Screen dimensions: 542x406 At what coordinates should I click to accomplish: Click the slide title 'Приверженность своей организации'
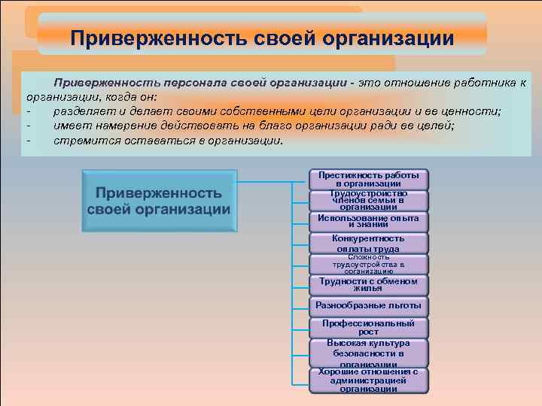pyautogui.click(x=262, y=37)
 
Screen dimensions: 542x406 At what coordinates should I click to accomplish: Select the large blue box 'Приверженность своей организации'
pyautogui.click(x=158, y=201)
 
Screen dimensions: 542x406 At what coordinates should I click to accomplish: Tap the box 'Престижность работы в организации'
pyautogui.click(x=368, y=179)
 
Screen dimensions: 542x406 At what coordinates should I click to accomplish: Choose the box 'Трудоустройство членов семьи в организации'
pyautogui.click(x=368, y=200)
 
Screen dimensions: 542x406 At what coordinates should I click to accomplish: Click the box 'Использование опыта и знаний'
pyautogui.click(x=368, y=221)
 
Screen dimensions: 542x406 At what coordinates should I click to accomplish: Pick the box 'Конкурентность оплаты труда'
pyautogui.click(x=368, y=243)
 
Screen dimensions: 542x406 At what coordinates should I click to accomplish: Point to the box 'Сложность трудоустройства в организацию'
pyautogui.click(x=368, y=264)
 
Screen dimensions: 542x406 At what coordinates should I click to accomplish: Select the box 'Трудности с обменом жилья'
pyautogui.click(x=368, y=284)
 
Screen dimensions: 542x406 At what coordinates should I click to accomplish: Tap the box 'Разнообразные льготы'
pyautogui.click(x=368, y=306)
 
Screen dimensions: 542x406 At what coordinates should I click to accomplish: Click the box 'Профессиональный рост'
pyautogui.click(x=368, y=327)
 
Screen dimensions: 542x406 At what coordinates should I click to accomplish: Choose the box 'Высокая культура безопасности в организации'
pyautogui.click(x=368, y=353)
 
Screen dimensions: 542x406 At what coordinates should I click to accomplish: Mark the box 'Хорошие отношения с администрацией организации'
pyautogui.click(x=368, y=380)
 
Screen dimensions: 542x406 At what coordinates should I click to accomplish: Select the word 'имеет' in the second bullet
pyautogui.click(x=71, y=126)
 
